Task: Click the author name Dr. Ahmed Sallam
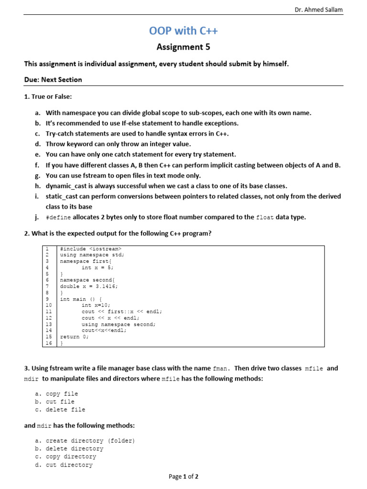click(318, 10)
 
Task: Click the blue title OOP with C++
click(183, 31)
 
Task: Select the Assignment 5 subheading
click(183, 47)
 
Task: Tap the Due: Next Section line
click(53, 80)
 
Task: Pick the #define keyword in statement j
click(58, 217)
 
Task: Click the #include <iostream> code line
click(91, 249)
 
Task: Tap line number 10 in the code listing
click(48, 305)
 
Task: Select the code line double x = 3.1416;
click(89, 287)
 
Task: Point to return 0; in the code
click(75, 336)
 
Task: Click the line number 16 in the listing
click(48, 342)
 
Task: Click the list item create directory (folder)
click(90, 441)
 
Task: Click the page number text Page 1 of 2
click(183, 477)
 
